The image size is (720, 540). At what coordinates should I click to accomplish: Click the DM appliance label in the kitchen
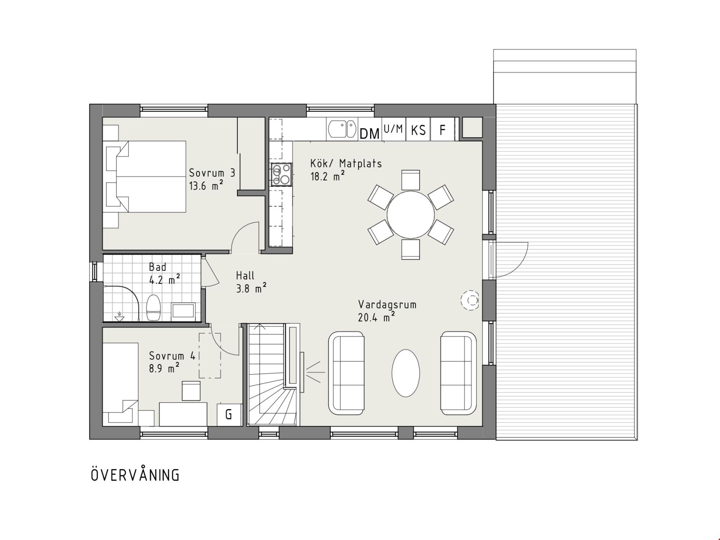[369, 134]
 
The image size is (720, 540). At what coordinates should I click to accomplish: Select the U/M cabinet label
[393, 129]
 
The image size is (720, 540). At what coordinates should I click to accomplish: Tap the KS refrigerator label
[418, 130]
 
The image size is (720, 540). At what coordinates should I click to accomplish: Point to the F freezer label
[442, 130]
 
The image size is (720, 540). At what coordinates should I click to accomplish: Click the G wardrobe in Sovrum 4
[229, 414]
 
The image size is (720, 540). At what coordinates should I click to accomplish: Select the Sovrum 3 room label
[212, 173]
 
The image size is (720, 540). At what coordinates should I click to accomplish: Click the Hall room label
[245, 275]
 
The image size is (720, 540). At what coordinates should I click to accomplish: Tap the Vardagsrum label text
[387, 305]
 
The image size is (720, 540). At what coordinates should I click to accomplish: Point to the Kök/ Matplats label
[346, 163]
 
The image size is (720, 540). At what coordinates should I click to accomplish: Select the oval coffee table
[406, 373]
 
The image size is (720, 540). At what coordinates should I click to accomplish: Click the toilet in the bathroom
[153, 308]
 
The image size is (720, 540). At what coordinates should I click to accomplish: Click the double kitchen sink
[342, 129]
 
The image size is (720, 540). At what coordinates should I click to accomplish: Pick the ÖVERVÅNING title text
[135, 475]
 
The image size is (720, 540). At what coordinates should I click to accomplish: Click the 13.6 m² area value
[206, 186]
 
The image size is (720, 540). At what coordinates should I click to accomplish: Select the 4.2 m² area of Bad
[164, 279]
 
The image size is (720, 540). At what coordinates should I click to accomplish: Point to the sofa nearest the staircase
[346, 373]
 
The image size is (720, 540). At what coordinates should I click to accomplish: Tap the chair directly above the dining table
[410, 180]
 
